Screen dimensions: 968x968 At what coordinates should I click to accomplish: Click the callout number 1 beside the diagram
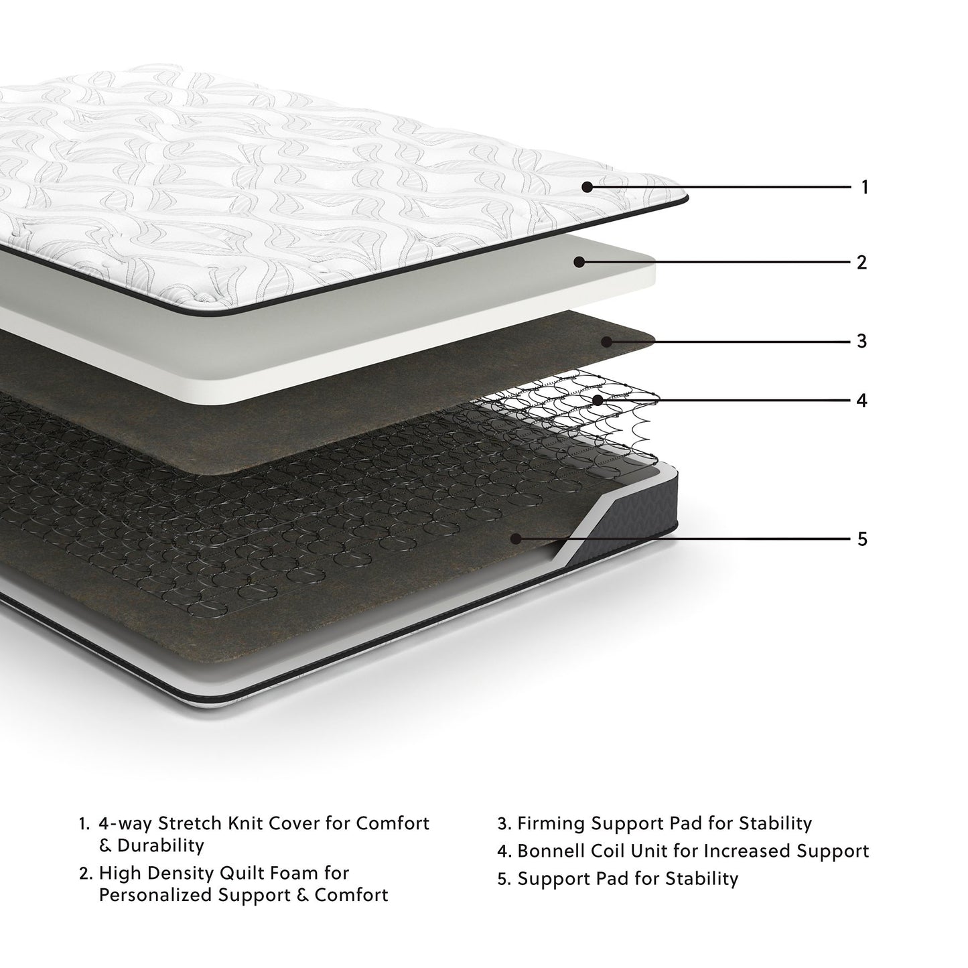click(864, 187)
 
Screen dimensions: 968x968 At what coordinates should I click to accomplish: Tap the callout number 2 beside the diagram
click(861, 262)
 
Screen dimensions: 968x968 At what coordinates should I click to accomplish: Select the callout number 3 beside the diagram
click(861, 341)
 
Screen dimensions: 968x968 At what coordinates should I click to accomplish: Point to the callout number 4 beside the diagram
click(861, 401)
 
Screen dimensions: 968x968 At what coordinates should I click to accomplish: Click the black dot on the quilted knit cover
click(587, 187)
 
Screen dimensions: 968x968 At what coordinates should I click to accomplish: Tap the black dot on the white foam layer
click(579, 262)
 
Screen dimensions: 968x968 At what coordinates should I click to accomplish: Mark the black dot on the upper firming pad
click(606, 341)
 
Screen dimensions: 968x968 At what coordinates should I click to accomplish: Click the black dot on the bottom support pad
click(515, 538)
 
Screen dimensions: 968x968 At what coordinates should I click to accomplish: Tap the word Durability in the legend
click(161, 845)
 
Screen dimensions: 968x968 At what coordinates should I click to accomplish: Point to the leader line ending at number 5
click(683, 538)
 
